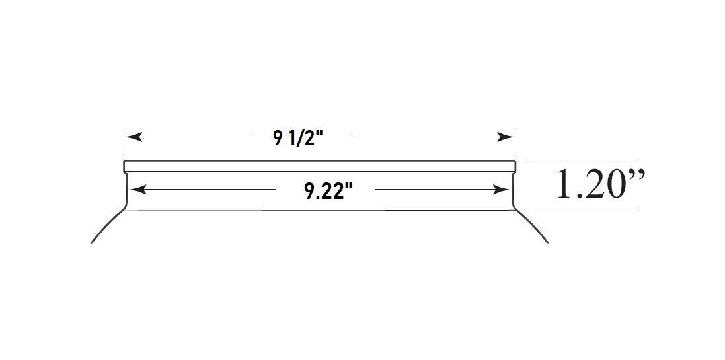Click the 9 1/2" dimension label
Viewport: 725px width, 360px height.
(299, 137)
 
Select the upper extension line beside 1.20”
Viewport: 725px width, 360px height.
(582, 161)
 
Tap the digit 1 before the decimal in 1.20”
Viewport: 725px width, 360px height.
(563, 186)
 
